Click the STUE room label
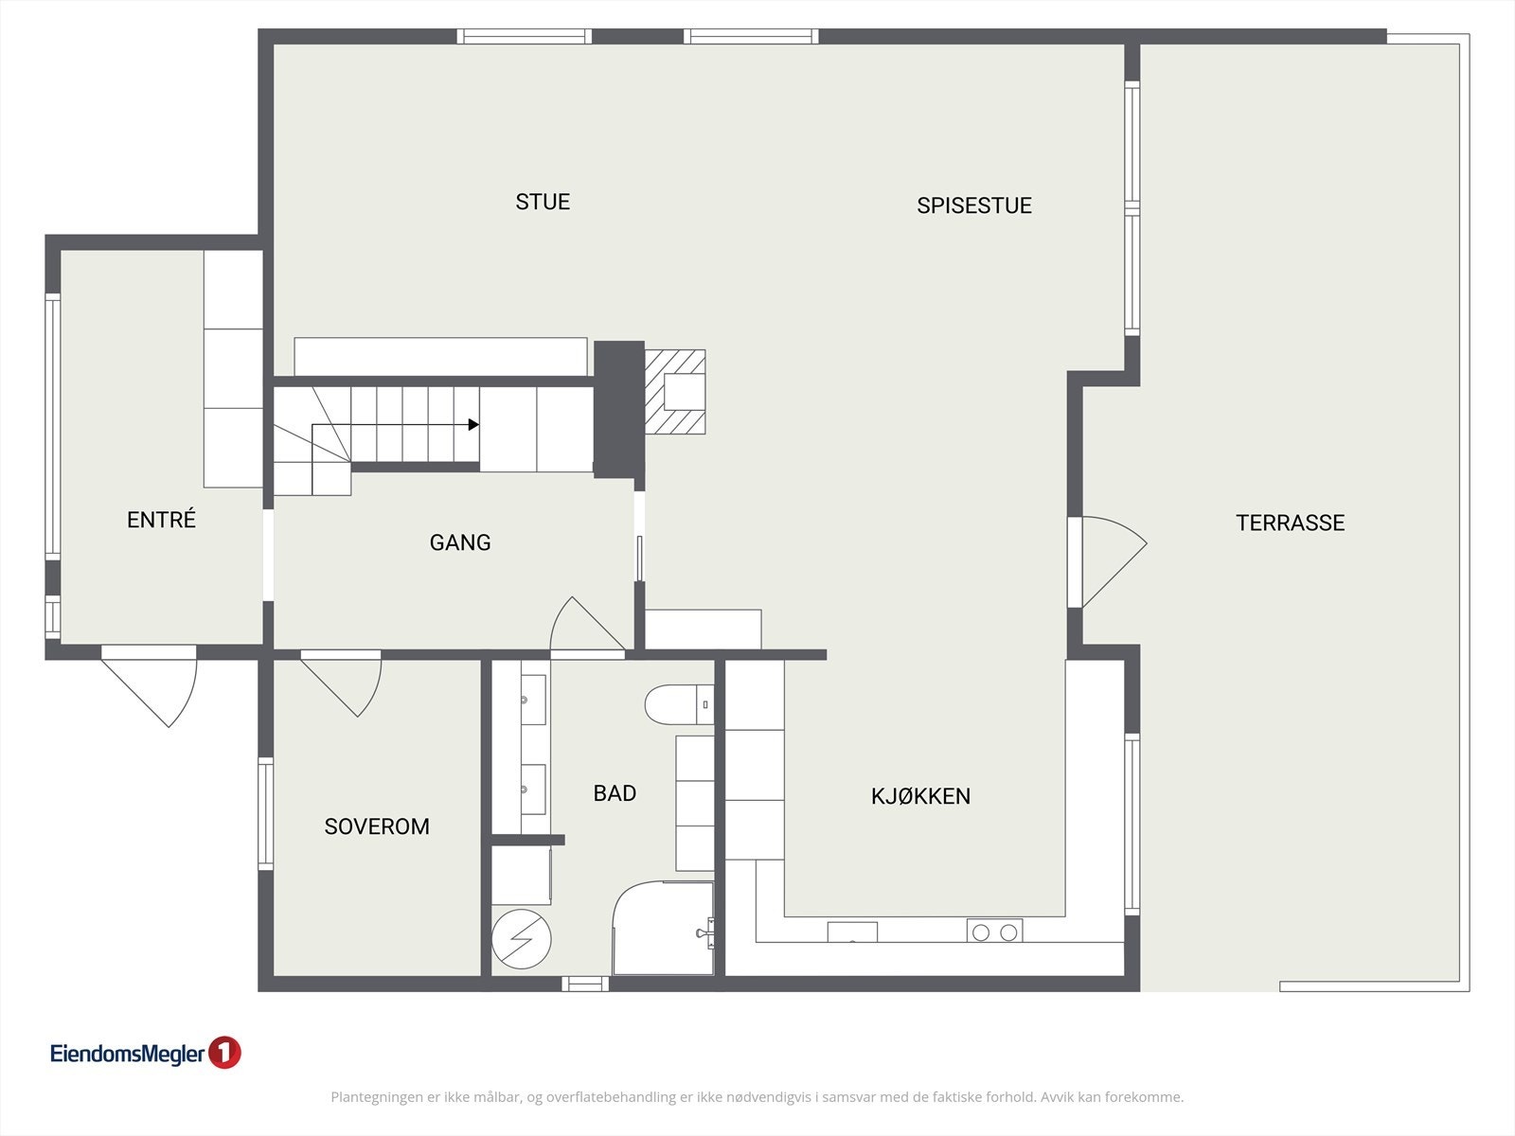(543, 202)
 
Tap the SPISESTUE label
(973, 205)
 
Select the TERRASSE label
(1290, 523)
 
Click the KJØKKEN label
(920, 796)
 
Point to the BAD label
(615, 793)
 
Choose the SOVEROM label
(377, 826)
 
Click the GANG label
(460, 542)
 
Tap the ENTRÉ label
(161, 520)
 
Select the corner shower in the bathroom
(663, 928)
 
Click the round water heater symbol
(521, 939)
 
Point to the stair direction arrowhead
(473, 425)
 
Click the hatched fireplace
(675, 392)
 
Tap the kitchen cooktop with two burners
(994, 932)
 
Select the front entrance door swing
(156, 686)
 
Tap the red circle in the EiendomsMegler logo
(224, 1053)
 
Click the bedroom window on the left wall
(266, 814)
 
